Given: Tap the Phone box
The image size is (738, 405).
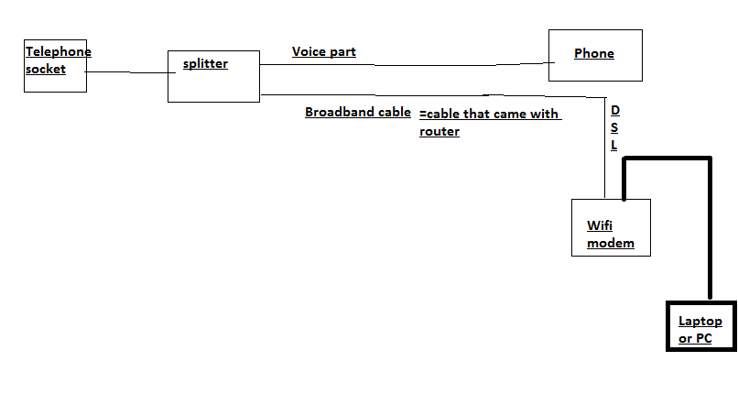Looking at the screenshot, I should [x=594, y=55].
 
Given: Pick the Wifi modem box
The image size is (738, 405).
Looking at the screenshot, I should [x=611, y=227].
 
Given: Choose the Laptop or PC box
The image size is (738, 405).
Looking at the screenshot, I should [x=700, y=327].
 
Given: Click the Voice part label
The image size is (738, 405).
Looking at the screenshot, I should [x=323, y=52].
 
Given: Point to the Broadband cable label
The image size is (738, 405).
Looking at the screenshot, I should [x=357, y=113].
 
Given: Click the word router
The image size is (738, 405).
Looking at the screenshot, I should [x=440, y=131].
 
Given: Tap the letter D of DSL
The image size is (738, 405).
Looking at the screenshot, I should [x=614, y=110].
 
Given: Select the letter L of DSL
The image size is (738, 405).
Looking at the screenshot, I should [x=614, y=145].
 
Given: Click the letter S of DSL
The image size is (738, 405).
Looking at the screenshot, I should [x=614, y=127].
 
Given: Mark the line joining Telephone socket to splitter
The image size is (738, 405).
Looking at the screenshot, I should [x=127, y=71].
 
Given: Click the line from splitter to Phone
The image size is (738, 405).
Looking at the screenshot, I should [x=403, y=65].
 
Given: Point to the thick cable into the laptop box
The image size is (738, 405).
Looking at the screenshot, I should [x=709, y=229].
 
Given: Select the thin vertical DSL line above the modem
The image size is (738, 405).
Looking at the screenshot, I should [x=605, y=147].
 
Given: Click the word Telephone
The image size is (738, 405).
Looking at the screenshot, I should [x=58, y=51].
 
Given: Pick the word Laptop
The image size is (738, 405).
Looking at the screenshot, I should [x=700, y=321].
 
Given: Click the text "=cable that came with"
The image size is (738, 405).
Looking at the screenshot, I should [x=490, y=115].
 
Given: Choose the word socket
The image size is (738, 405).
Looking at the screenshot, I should [x=46, y=69].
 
